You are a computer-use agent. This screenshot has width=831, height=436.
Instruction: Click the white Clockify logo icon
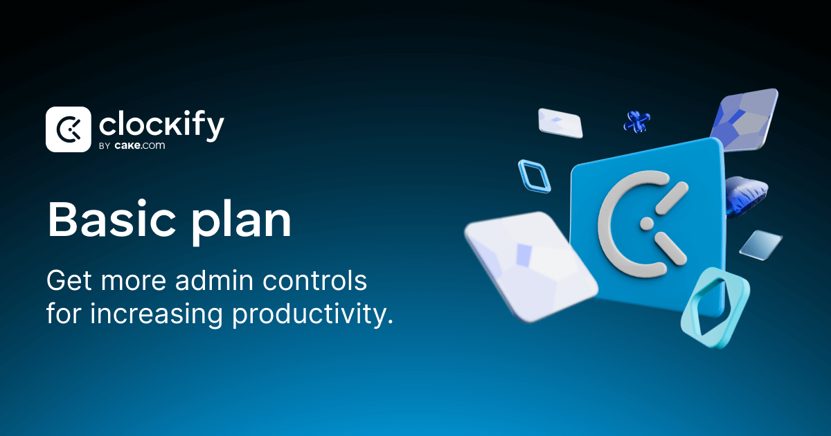point(68,129)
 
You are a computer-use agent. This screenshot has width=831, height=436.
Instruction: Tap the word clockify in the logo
point(161,126)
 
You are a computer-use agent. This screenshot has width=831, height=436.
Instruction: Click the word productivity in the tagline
point(312,314)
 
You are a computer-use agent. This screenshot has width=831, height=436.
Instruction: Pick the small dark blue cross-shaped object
point(635,122)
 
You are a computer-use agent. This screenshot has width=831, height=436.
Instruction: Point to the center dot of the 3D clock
point(646,223)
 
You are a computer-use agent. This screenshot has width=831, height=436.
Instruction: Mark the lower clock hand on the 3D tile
point(670,248)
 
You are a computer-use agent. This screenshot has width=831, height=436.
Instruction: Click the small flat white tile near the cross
point(560,122)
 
